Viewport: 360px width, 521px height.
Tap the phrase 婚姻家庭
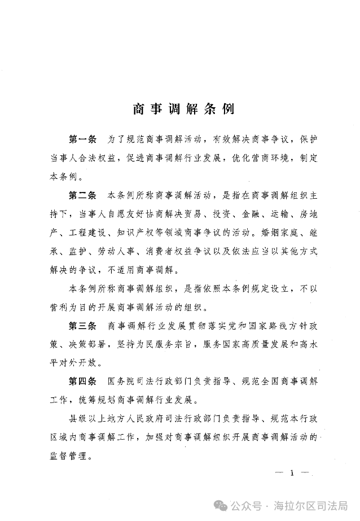coord(275,233)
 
